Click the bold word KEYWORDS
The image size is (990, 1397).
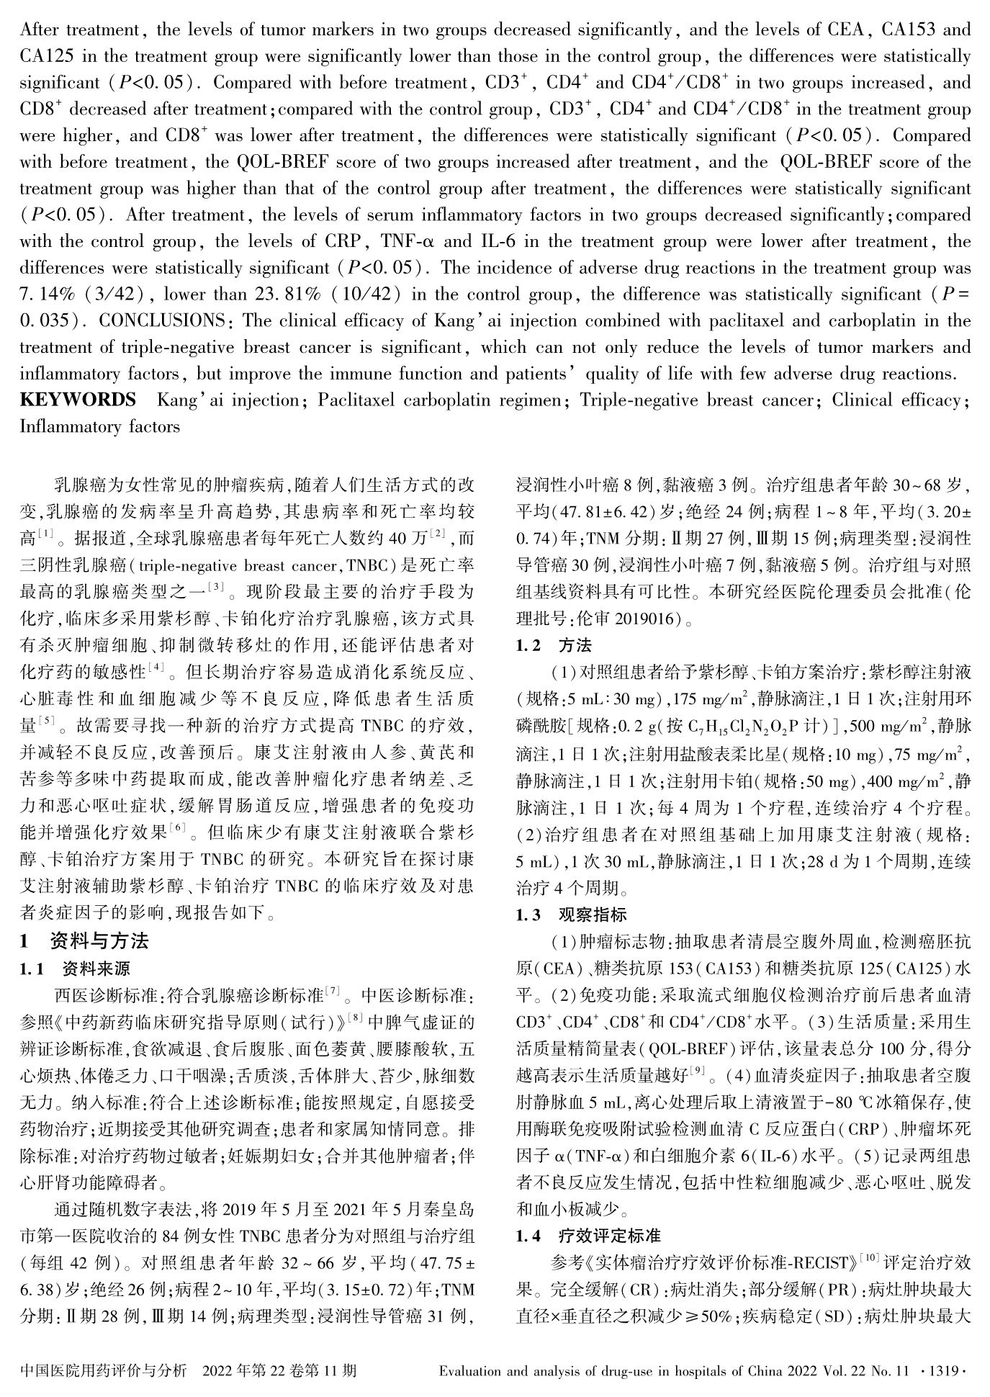78,400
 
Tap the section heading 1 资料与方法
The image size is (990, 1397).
84,940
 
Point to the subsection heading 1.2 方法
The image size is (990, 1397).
554,645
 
